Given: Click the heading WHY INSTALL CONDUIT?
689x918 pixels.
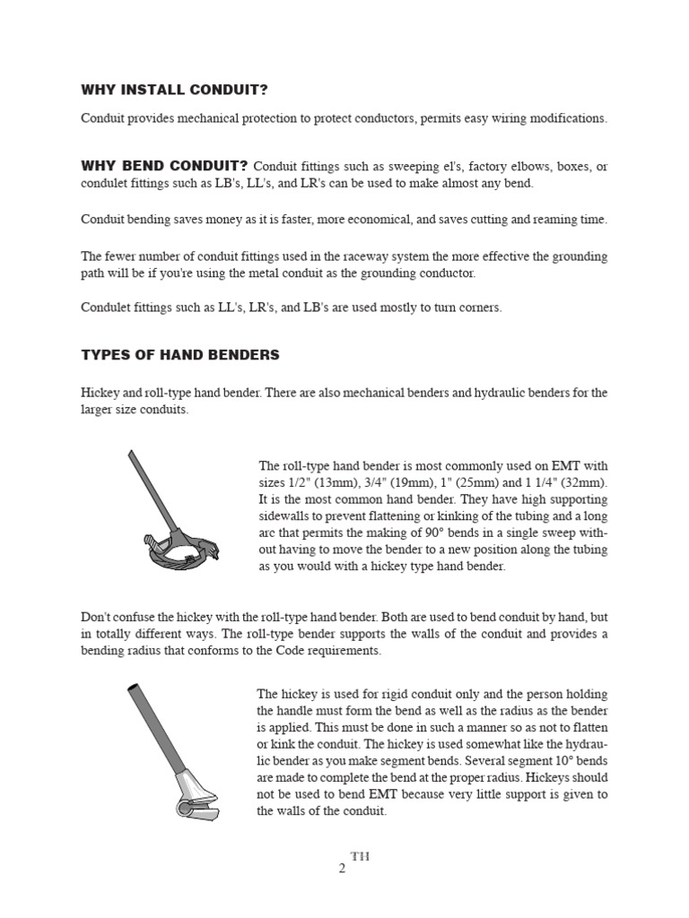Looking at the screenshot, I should coord(175,91).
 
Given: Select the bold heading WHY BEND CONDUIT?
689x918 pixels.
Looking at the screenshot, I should coord(164,166).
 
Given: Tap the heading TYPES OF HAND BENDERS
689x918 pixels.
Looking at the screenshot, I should coord(180,355).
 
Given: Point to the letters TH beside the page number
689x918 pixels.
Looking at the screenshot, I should coord(359,856).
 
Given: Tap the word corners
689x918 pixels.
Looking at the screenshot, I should coord(480,307).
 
